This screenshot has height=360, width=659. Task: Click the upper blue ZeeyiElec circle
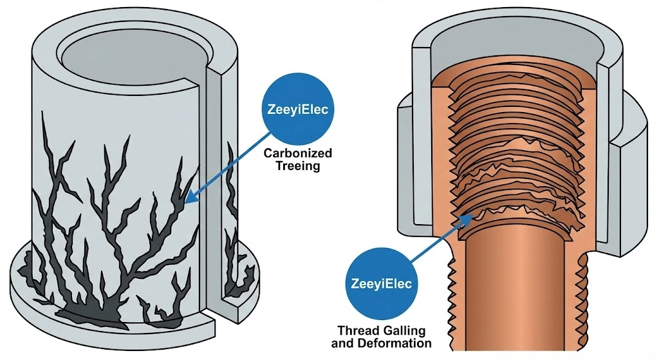pos(297,109)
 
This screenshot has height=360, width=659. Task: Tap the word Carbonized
pos(297,153)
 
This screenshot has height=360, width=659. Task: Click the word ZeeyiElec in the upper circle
pos(297,109)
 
